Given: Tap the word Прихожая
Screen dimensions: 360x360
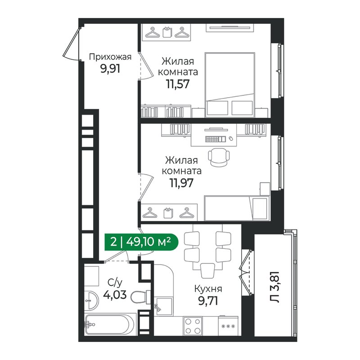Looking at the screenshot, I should (110, 57).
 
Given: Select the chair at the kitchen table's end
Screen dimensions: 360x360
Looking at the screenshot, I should (207, 270).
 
